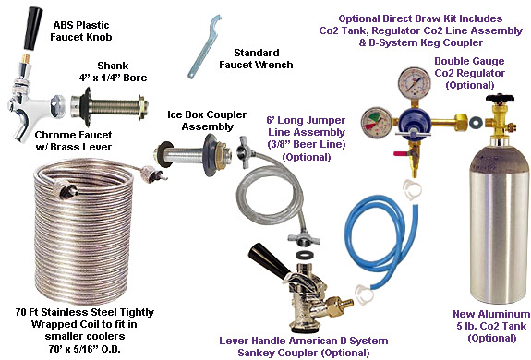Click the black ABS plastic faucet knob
click(33, 29)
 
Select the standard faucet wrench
click(203, 47)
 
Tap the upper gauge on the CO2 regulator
click(415, 83)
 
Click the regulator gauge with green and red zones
click(376, 123)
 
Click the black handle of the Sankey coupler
click(268, 260)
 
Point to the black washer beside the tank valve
click(477, 121)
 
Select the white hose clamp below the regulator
click(413, 189)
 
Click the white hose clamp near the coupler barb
click(365, 294)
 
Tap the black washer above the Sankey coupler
click(304, 255)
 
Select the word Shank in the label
click(113, 66)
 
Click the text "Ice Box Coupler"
click(207, 114)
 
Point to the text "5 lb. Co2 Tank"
click(491, 326)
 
